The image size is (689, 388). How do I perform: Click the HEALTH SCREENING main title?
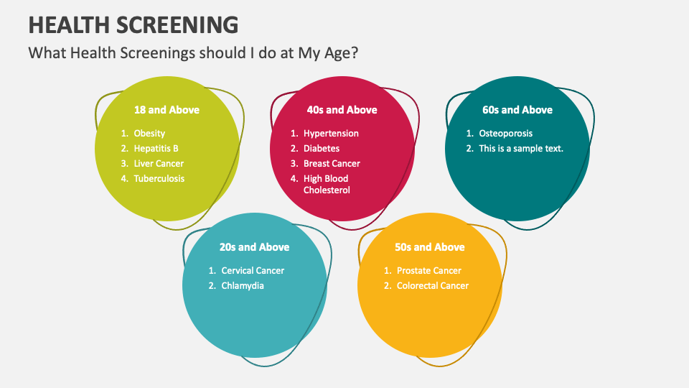(x=133, y=24)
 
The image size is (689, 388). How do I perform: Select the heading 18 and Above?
(x=167, y=110)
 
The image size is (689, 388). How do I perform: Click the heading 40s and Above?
(x=342, y=110)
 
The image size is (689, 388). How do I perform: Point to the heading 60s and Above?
(x=517, y=110)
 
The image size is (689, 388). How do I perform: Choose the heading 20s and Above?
(x=254, y=247)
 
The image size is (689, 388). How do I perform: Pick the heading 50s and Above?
(x=430, y=247)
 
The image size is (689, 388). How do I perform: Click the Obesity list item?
(x=149, y=134)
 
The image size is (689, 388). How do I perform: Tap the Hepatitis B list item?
(x=156, y=149)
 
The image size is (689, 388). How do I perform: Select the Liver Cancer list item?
(x=159, y=164)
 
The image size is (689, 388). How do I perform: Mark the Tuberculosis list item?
(x=159, y=179)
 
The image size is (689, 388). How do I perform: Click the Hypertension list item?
(x=331, y=134)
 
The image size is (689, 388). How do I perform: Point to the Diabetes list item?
(x=322, y=149)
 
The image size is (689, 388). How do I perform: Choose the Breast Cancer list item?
(x=332, y=164)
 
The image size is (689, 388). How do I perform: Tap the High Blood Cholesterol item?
(x=327, y=185)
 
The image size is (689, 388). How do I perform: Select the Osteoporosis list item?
(x=506, y=134)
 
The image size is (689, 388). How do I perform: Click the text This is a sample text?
(x=521, y=149)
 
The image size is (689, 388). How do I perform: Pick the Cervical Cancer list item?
(x=253, y=271)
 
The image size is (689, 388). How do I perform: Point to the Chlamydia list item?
(x=243, y=286)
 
